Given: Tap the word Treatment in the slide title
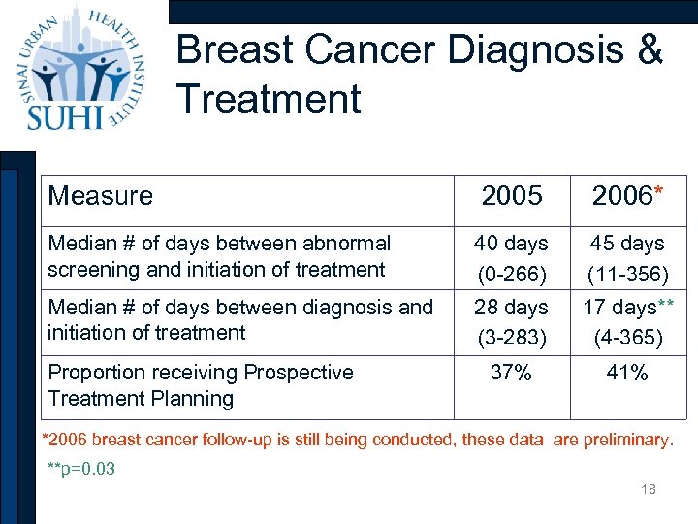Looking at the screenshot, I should (x=269, y=99).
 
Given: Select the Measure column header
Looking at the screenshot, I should (x=100, y=196).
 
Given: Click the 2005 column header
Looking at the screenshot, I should (x=512, y=196).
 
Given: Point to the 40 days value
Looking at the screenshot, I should (x=512, y=244).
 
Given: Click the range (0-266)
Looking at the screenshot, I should (x=512, y=275).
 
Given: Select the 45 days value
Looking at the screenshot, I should (x=627, y=244).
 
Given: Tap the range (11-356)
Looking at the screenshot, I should (x=627, y=275).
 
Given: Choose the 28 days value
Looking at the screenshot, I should (x=512, y=308).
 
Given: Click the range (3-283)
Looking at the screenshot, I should (x=512, y=339).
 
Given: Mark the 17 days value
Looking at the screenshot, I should (x=619, y=308).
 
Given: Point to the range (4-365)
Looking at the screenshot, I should (x=627, y=339).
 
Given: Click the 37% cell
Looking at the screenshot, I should (x=511, y=373).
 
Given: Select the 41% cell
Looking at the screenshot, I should (x=627, y=373).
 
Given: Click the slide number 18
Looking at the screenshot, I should (x=648, y=489).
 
